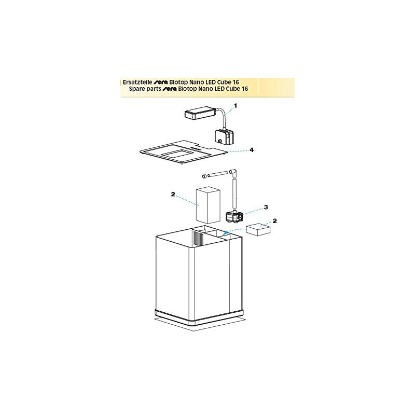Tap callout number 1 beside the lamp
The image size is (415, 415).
pos(235,105)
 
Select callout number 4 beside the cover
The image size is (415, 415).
pos(251,150)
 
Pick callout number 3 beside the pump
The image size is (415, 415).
pos(266,207)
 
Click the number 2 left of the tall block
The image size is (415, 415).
pos(173,195)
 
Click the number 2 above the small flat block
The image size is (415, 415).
pos(275,220)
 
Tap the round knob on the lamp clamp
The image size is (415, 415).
pos(219,140)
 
